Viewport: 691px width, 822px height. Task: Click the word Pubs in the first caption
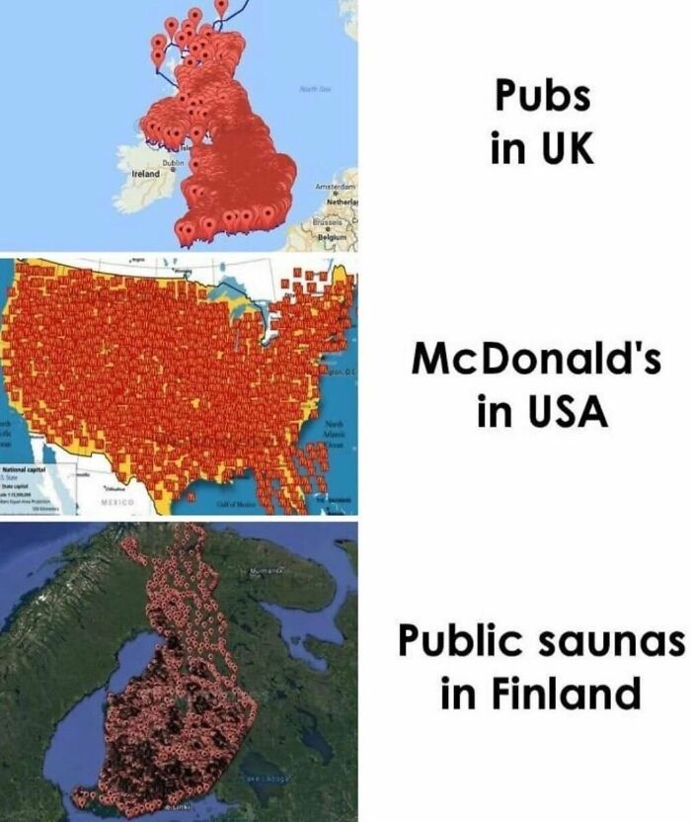542,97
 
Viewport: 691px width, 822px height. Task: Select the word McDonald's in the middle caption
536,362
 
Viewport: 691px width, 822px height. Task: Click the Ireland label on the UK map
145,173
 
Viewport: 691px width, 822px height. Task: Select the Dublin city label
174,161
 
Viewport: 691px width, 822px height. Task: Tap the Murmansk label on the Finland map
258,572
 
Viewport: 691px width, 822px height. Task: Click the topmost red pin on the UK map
220,6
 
